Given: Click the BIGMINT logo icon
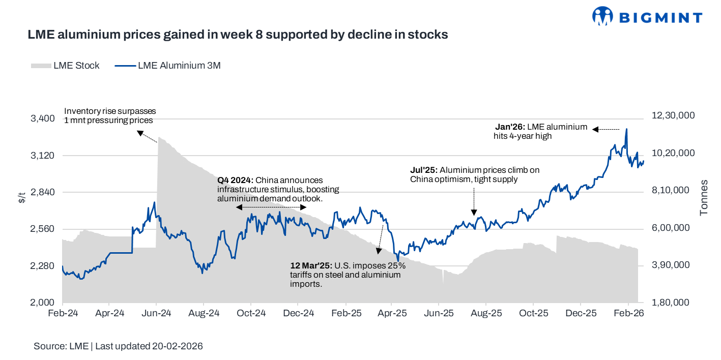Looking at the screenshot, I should (x=603, y=17).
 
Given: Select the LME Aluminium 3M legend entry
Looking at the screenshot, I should (x=168, y=66).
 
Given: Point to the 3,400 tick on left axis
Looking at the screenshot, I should (x=43, y=118).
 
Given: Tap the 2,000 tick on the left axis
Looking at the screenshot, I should (x=43, y=303).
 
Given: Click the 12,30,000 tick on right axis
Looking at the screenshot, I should (x=673, y=116).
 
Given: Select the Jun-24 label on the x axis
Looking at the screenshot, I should (x=156, y=313).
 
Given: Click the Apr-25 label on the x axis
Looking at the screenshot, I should (x=393, y=313).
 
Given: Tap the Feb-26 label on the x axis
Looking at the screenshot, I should (x=629, y=313).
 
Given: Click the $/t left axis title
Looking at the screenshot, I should (x=21, y=198).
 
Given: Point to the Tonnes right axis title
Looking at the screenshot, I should (x=704, y=197).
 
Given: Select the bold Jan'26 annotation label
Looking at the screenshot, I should (x=510, y=127).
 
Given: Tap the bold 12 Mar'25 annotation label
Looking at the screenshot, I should (x=311, y=266).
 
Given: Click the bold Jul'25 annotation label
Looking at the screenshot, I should (x=424, y=170).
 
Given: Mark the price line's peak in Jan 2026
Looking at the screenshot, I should (x=626, y=129).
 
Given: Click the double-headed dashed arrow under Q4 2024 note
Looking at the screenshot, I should (x=271, y=207).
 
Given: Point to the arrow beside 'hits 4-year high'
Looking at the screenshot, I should (x=608, y=129).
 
